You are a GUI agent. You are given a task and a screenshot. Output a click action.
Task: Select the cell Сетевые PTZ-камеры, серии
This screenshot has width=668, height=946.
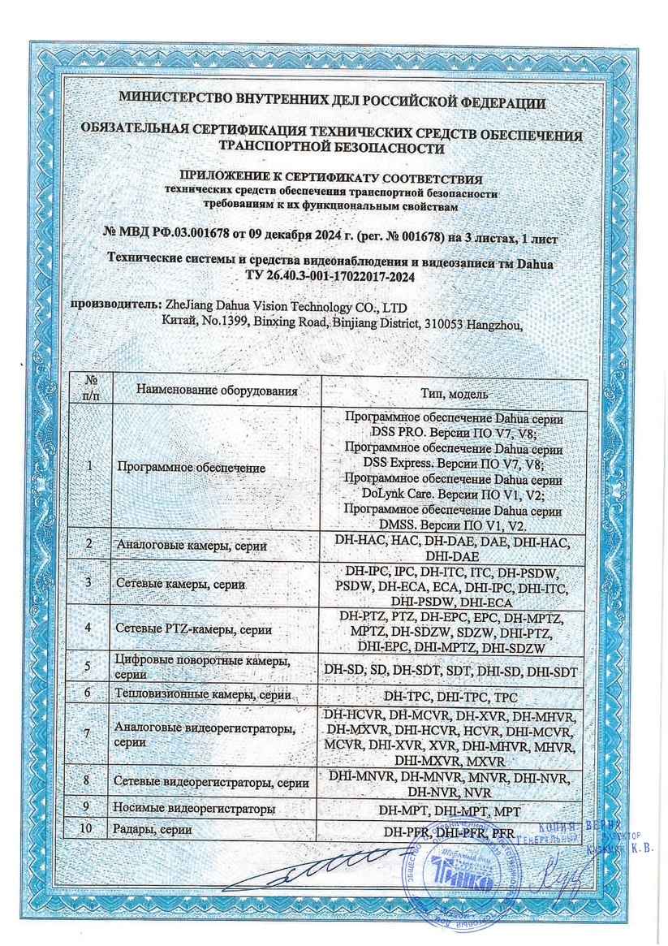pyautogui.click(x=194, y=629)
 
